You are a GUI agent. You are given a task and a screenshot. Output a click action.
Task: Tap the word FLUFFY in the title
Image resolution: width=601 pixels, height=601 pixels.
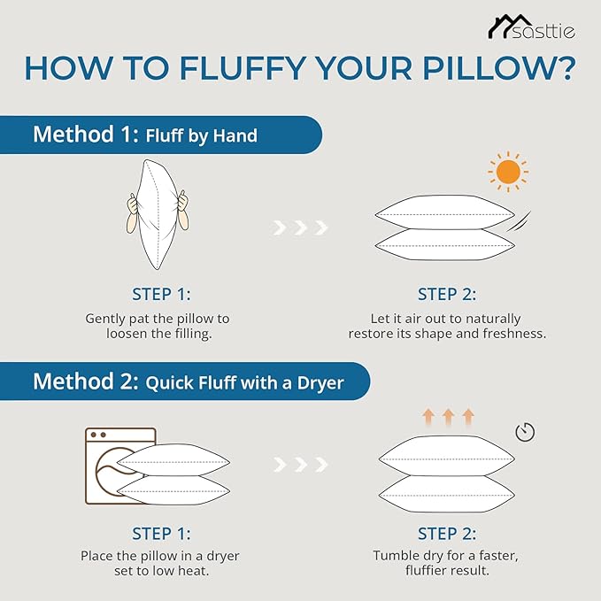[243, 69]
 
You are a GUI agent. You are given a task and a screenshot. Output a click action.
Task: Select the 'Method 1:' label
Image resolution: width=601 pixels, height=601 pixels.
[86, 135]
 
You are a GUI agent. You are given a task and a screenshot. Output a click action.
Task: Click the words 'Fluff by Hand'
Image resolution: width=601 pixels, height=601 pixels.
[202, 136]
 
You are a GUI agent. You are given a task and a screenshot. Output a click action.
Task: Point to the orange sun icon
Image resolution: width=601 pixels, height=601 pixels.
[508, 172]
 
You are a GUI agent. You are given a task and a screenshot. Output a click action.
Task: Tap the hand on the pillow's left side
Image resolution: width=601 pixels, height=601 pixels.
[133, 214]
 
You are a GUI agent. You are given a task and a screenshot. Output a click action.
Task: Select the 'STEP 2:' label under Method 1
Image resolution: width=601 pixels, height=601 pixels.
[447, 295]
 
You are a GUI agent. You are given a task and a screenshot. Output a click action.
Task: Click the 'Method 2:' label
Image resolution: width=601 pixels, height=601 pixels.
[86, 381]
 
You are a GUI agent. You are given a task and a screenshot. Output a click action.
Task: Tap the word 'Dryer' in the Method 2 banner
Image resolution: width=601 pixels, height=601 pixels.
[320, 383]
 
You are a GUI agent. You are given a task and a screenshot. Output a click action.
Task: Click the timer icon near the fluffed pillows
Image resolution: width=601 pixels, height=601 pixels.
[525, 432]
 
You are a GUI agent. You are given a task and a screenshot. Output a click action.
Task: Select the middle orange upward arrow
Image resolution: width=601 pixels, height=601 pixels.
[449, 417]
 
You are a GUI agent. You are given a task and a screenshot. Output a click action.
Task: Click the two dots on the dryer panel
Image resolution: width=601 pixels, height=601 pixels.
[98, 435]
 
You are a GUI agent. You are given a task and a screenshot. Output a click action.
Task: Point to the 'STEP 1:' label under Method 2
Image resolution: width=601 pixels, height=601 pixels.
[161, 534]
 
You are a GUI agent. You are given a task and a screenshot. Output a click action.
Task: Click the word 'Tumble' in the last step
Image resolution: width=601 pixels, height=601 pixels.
[395, 555]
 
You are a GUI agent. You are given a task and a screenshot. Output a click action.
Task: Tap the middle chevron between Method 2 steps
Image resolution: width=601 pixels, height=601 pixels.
[301, 465]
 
